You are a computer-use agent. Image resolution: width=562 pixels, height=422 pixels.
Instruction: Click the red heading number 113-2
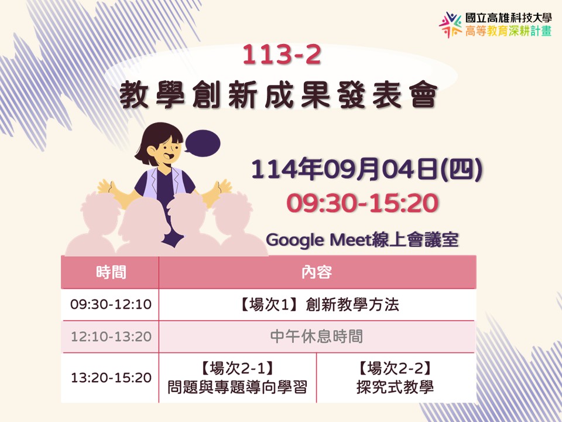tap(282, 55)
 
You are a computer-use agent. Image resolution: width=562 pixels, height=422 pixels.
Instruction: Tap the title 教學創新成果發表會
tap(279, 94)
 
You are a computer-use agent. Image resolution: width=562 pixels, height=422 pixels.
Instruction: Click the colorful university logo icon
tap(451, 25)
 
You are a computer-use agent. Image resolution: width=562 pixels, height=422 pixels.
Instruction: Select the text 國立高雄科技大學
tap(508, 18)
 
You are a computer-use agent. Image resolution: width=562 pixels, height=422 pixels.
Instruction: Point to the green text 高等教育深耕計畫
tap(508, 31)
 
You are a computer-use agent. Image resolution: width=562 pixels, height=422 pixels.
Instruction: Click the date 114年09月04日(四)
tap(366, 169)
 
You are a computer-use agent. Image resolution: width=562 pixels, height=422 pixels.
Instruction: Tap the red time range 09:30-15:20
tap(362, 203)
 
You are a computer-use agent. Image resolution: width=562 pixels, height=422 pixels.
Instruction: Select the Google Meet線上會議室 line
tap(362, 239)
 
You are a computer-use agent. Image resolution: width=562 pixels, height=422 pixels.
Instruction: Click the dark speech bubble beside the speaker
tap(202, 143)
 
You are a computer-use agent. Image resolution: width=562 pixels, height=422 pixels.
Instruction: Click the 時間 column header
tap(111, 273)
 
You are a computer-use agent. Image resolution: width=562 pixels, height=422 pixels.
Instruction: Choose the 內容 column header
tap(317, 273)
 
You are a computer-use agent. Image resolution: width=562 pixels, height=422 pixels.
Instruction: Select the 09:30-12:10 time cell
tap(111, 304)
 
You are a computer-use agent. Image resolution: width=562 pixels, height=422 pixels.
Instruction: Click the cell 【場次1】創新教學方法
tap(317, 304)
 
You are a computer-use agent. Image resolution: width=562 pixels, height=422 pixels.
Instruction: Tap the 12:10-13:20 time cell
tap(111, 336)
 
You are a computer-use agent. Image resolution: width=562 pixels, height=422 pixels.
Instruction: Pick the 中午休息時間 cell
tap(317, 336)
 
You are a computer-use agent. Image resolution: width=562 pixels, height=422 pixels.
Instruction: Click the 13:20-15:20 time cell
tap(111, 377)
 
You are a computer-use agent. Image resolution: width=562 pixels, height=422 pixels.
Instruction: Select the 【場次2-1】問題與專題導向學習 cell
tap(237, 377)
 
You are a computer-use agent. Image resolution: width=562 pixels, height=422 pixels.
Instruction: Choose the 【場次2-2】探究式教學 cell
tap(396, 377)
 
